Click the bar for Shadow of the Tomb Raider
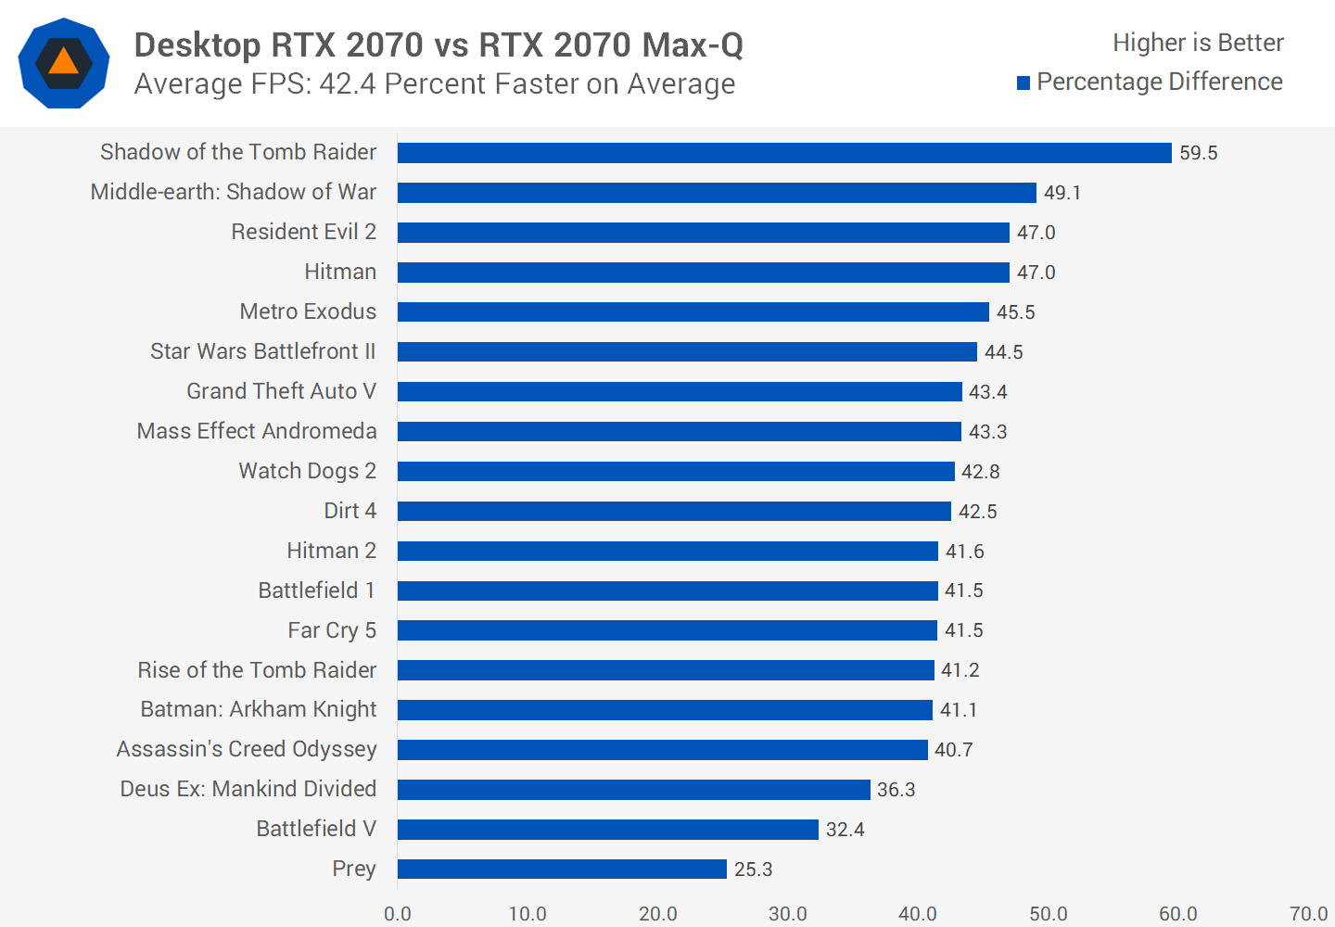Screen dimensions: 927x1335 coord(784,153)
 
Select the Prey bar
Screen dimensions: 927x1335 coord(562,869)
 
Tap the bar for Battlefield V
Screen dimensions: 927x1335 coord(608,829)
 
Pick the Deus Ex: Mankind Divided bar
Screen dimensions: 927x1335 coord(634,789)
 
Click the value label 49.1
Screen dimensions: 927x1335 coord(1062,193)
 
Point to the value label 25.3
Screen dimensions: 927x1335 coord(753,870)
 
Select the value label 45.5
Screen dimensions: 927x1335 coord(1015,312)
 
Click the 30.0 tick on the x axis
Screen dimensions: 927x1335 coord(788,913)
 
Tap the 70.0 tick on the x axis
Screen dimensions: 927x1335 coord(1308,913)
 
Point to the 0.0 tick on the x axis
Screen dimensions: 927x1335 coord(398,913)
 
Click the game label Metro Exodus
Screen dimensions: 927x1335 coord(308,311)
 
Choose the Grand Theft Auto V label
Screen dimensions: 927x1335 coord(281,391)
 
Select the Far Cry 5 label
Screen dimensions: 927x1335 coord(332,630)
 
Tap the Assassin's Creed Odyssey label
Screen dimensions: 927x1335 coord(247,749)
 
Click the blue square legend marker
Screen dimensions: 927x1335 coord(1023,83)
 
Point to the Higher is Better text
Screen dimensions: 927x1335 coord(1198,43)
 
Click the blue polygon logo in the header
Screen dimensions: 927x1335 coord(64,63)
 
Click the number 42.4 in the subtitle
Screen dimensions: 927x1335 coord(348,84)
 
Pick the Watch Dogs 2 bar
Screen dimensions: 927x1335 coord(676,471)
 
